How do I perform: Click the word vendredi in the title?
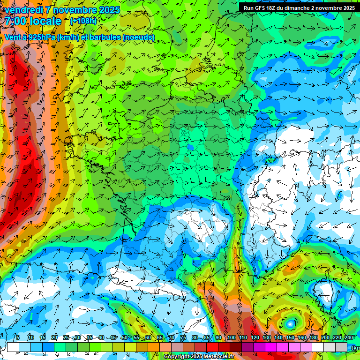[22, 10]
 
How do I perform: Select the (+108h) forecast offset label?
[83, 21]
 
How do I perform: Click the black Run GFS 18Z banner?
[299, 7]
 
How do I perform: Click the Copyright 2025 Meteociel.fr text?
[199, 357]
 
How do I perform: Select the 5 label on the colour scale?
[17, 337]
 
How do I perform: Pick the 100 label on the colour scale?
[232, 337]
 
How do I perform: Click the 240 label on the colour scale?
[348, 337]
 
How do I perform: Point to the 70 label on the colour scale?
[171, 337]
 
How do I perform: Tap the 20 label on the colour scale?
[54, 337]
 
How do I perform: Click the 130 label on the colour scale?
[267, 337]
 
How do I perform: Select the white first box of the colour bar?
[13, 347]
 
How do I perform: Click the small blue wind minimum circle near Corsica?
[291, 323]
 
